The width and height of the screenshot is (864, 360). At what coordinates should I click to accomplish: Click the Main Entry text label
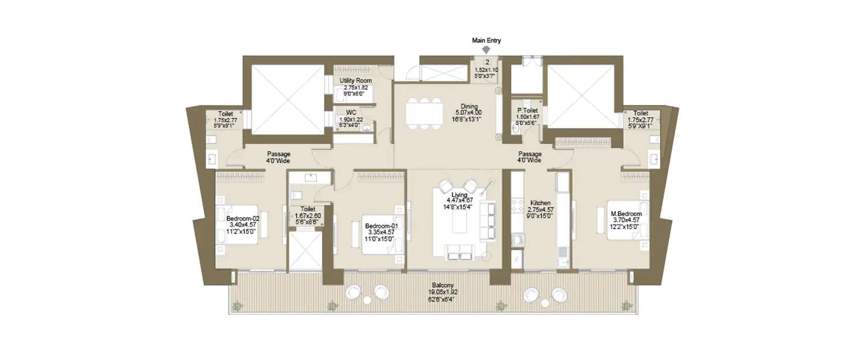point(486,40)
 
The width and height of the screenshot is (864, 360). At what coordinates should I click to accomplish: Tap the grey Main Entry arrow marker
point(486,50)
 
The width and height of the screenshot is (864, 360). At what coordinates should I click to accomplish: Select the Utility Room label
point(355,81)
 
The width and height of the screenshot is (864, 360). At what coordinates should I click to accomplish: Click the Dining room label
point(468,106)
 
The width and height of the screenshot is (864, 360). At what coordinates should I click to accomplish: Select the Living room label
point(459,195)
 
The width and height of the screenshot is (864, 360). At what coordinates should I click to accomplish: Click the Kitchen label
point(541,203)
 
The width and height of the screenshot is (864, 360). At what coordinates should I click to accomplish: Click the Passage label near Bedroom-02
point(278,154)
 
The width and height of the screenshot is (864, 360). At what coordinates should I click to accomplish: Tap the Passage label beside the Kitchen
point(529,154)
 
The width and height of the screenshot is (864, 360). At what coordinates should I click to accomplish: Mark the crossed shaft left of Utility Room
point(288,99)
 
